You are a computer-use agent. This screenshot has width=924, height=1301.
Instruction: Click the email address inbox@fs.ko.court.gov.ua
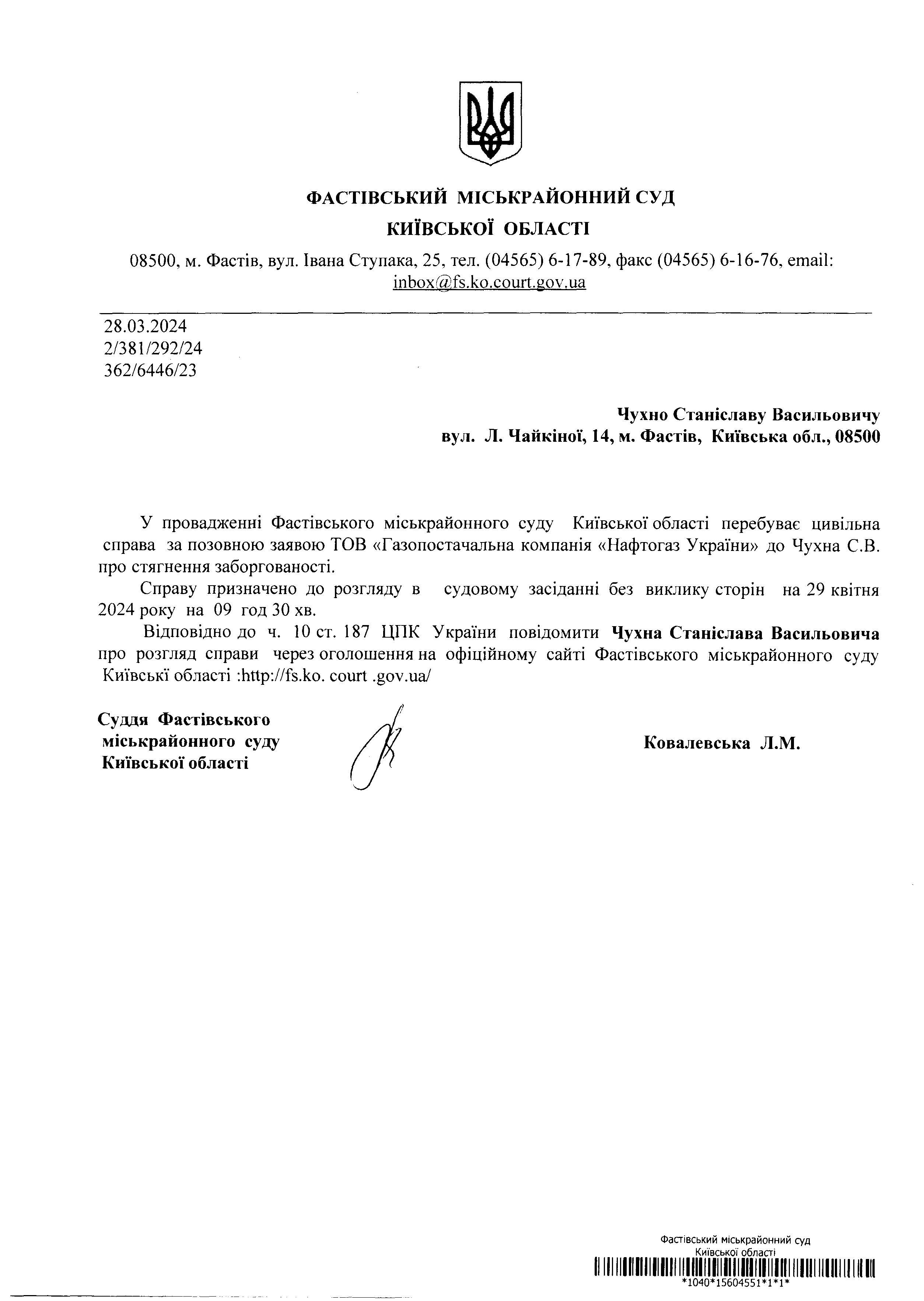tap(489, 282)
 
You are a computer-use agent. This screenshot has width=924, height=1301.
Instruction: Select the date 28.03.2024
tap(145, 326)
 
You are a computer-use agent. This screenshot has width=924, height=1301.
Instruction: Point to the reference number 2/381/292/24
tap(153, 348)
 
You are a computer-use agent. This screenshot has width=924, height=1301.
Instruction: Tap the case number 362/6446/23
tap(150, 371)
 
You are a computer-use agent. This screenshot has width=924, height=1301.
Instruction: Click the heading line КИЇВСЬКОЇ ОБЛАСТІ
tap(489, 229)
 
